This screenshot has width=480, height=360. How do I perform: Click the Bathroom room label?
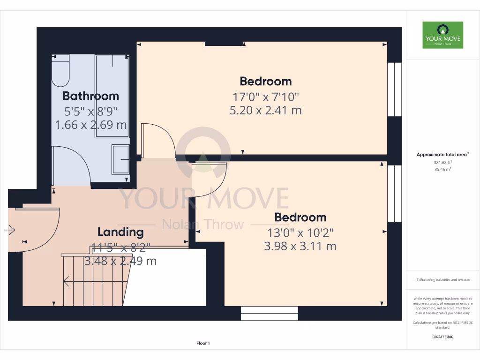(x=90, y=96)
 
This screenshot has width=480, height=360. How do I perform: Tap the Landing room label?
(x=120, y=232)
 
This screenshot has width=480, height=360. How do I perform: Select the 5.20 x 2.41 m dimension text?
(x=265, y=111)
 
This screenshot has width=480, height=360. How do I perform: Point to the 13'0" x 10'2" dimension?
(x=300, y=232)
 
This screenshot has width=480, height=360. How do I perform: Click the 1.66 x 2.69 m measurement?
(x=90, y=125)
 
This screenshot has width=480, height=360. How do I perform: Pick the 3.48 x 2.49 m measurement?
(x=120, y=261)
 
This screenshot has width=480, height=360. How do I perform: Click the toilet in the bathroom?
(x=60, y=71)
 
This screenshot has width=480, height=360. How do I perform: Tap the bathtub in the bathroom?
(x=112, y=96)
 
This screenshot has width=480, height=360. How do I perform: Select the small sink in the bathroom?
(x=120, y=159)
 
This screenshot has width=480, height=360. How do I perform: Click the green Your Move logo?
(x=442, y=35)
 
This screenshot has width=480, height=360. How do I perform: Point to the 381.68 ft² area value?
(x=442, y=163)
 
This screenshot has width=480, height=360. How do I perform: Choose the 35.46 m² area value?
(x=442, y=170)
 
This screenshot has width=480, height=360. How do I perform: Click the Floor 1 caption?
(x=203, y=344)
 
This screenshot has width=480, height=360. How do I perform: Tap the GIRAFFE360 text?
(x=443, y=337)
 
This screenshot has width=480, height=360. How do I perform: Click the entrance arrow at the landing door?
(x=9, y=230)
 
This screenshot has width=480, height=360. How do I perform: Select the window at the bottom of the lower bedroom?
(x=270, y=313)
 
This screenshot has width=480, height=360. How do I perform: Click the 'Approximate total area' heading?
(x=442, y=154)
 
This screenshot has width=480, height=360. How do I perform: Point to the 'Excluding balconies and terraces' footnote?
(x=442, y=280)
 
